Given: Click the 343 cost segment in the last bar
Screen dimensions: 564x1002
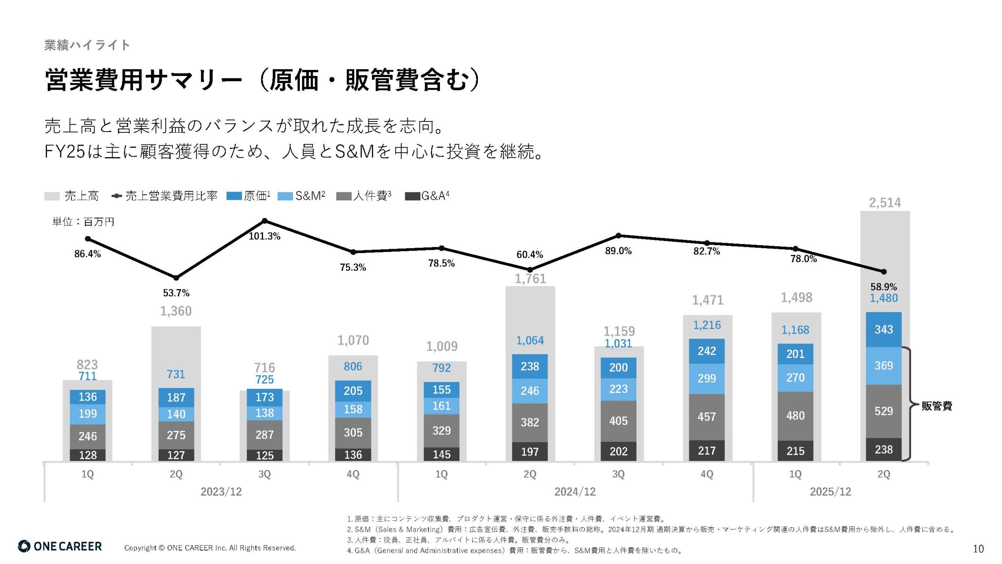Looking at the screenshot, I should coord(883,329).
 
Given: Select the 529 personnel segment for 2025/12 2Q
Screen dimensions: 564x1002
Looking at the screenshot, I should coord(883,411).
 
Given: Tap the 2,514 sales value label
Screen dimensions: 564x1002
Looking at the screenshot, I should coord(885,202).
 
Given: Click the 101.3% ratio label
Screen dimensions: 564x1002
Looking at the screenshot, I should coord(265,236).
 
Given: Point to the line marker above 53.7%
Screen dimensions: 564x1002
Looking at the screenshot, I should coord(176,278).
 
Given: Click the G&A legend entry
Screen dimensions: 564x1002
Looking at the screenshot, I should coord(427,196).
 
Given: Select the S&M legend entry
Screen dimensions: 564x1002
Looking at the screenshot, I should coord(301,196).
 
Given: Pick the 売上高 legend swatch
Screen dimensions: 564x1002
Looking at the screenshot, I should coord(52,196).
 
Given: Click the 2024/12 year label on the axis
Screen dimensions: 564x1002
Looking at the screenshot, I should coord(575,492).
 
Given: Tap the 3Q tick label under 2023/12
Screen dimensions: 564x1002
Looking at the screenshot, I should coord(265,474).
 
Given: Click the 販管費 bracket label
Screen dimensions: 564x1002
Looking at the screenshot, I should coord(936,406).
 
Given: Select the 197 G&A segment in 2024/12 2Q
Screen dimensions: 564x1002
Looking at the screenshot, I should coord(530,452).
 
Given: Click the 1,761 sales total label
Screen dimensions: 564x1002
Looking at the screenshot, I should coord(530,278).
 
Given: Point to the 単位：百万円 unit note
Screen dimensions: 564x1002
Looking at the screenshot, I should coord(83,222).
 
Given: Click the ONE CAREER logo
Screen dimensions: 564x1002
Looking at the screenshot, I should coord(60,546).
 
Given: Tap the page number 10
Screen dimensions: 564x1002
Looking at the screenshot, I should coord(978,549).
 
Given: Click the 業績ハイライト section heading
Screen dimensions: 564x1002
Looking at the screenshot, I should coord(87,45).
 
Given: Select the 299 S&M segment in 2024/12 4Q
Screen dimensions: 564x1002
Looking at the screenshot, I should coord(706,378).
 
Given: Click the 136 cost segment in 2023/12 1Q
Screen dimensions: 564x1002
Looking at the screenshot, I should coord(87,397).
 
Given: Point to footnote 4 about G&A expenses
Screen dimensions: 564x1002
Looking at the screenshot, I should coord(515,550).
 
